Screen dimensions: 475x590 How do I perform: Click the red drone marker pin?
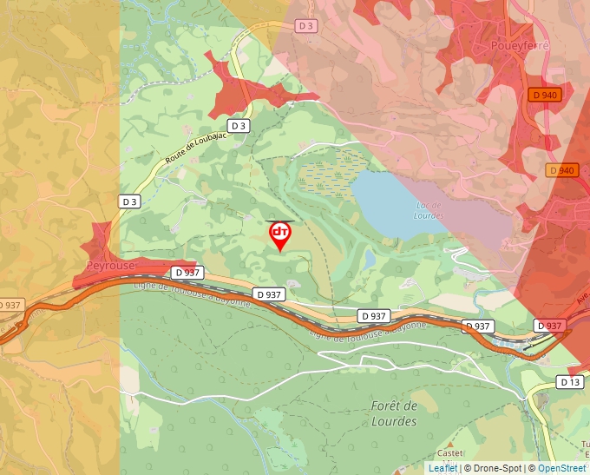coord(279,235)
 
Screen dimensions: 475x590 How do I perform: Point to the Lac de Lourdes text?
coord(428,210)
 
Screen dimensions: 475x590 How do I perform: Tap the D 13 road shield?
coord(569,382)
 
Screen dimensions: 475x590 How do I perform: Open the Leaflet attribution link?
coord(443,468)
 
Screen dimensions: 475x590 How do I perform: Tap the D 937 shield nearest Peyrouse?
coord(187,272)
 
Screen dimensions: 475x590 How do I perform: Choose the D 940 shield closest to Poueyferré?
coord(546,95)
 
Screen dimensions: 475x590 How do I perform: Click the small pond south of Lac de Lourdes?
coord(370,259)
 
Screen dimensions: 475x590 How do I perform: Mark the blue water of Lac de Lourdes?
coord(382,200)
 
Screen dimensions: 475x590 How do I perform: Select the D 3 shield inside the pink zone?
coord(305,26)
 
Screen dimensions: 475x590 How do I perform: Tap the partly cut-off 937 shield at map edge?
coord(10,305)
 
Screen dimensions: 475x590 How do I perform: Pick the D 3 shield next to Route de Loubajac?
coord(239,126)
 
